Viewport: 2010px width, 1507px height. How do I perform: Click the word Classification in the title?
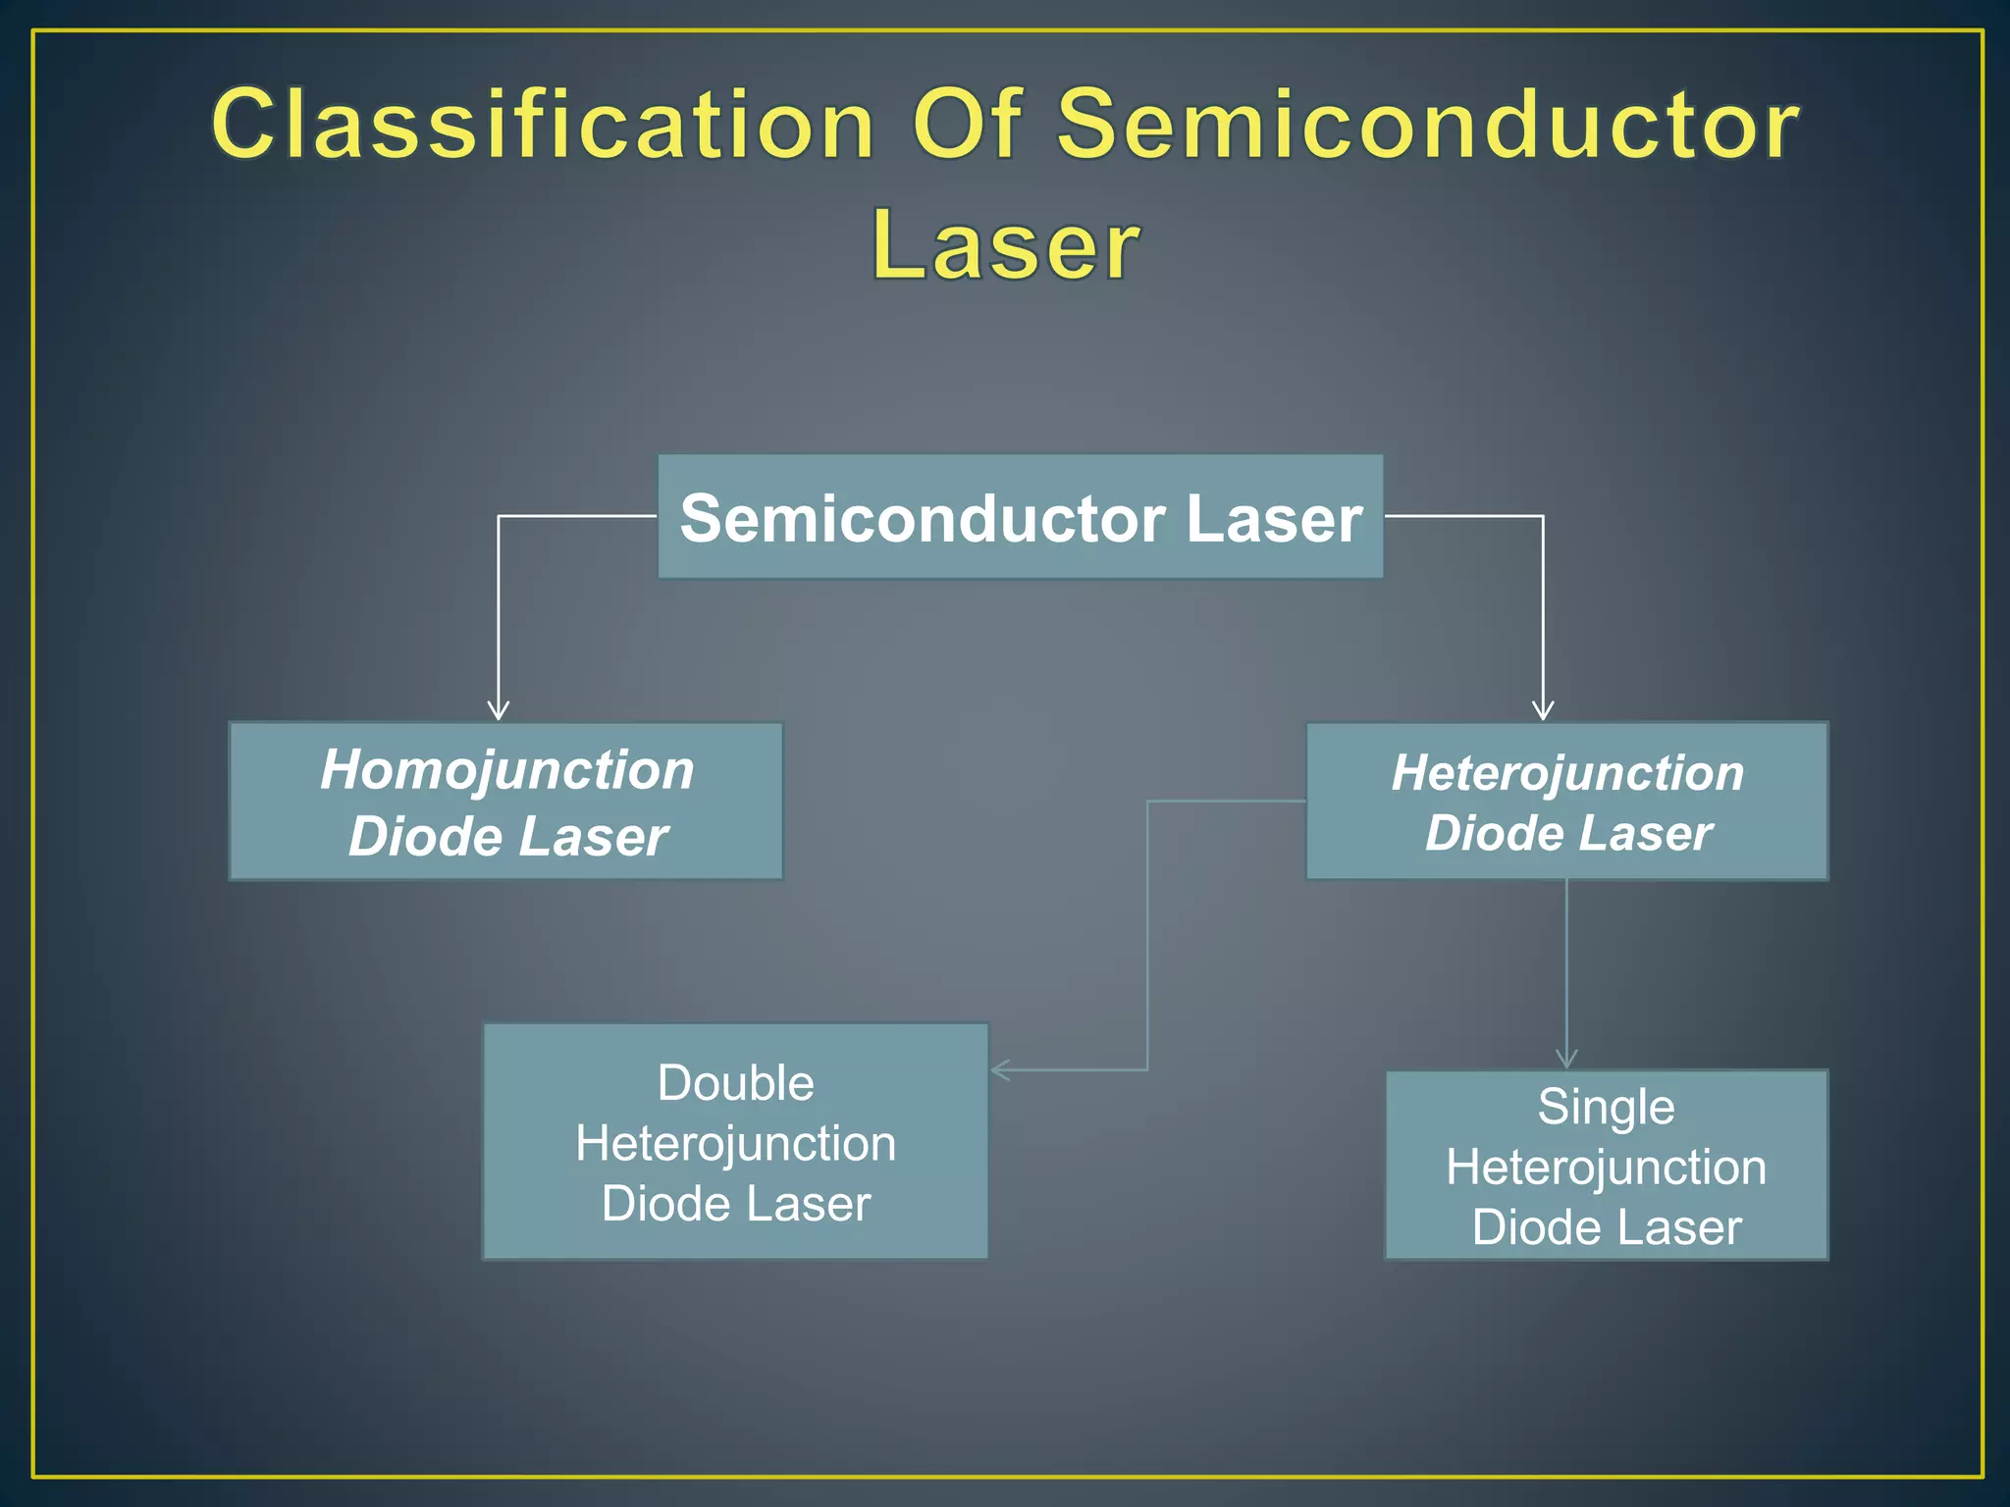543,126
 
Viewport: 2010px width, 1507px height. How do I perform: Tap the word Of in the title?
969,124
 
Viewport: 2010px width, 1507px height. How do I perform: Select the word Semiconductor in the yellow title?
1428,126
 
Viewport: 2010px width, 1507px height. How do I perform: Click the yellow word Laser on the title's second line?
1006,245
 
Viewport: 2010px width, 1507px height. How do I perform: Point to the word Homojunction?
507,769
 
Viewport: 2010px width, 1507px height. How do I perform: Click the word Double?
736,1083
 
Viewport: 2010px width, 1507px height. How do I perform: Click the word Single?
1606,1107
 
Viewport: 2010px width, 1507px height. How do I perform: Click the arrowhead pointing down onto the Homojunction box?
499,711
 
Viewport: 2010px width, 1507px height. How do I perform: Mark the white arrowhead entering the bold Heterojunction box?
1543,711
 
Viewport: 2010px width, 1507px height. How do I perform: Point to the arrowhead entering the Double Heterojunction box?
999,1069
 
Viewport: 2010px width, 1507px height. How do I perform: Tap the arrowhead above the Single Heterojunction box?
1566,1059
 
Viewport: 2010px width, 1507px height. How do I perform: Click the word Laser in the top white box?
1274,518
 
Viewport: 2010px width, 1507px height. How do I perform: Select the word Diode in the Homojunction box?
425,837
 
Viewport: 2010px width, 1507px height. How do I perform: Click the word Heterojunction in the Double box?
736,1144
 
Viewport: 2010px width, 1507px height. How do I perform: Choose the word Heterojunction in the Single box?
1606,1168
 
